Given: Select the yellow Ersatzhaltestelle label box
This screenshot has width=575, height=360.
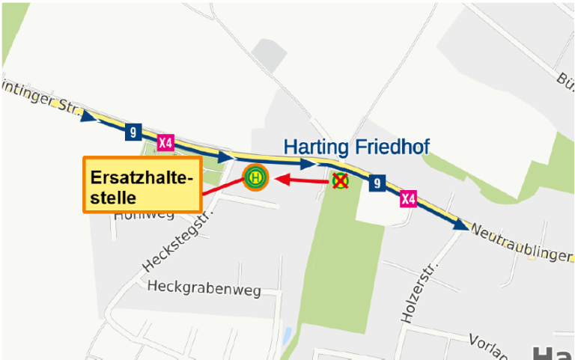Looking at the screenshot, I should [x=142, y=185].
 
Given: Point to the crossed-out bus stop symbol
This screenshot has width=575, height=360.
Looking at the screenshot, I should [x=341, y=180].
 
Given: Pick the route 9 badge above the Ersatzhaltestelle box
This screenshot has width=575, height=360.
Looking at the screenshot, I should [x=133, y=132].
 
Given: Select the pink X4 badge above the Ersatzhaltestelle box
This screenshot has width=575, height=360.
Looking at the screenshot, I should [x=166, y=142].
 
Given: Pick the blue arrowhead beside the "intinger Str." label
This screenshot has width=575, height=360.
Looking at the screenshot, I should [x=88, y=116].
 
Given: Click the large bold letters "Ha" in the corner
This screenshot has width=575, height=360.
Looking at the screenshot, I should [x=553, y=352].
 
